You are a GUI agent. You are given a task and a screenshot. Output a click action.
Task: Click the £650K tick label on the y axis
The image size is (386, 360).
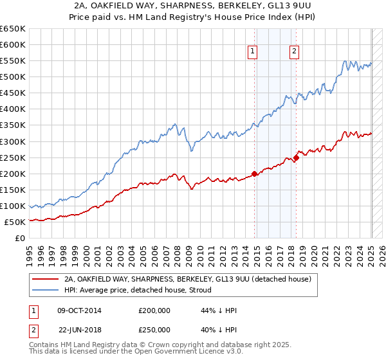pyautogui.click(x=13, y=29)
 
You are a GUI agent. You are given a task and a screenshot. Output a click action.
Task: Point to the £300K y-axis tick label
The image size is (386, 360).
pyautogui.click(x=13, y=141)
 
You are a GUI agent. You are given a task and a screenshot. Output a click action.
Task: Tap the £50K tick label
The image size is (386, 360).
pyautogui.click(x=15, y=222)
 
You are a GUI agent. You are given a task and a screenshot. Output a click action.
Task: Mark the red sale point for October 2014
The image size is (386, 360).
pyautogui.click(x=255, y=173)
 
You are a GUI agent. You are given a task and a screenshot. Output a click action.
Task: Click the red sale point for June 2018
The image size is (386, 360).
pyautogui.click(x=296, y=157)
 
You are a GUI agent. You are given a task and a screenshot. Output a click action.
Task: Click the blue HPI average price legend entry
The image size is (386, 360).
pyautogui.click(x=149, y=290)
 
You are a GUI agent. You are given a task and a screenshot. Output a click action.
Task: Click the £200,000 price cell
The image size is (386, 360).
pyautogui.click(x=154, y=310)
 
